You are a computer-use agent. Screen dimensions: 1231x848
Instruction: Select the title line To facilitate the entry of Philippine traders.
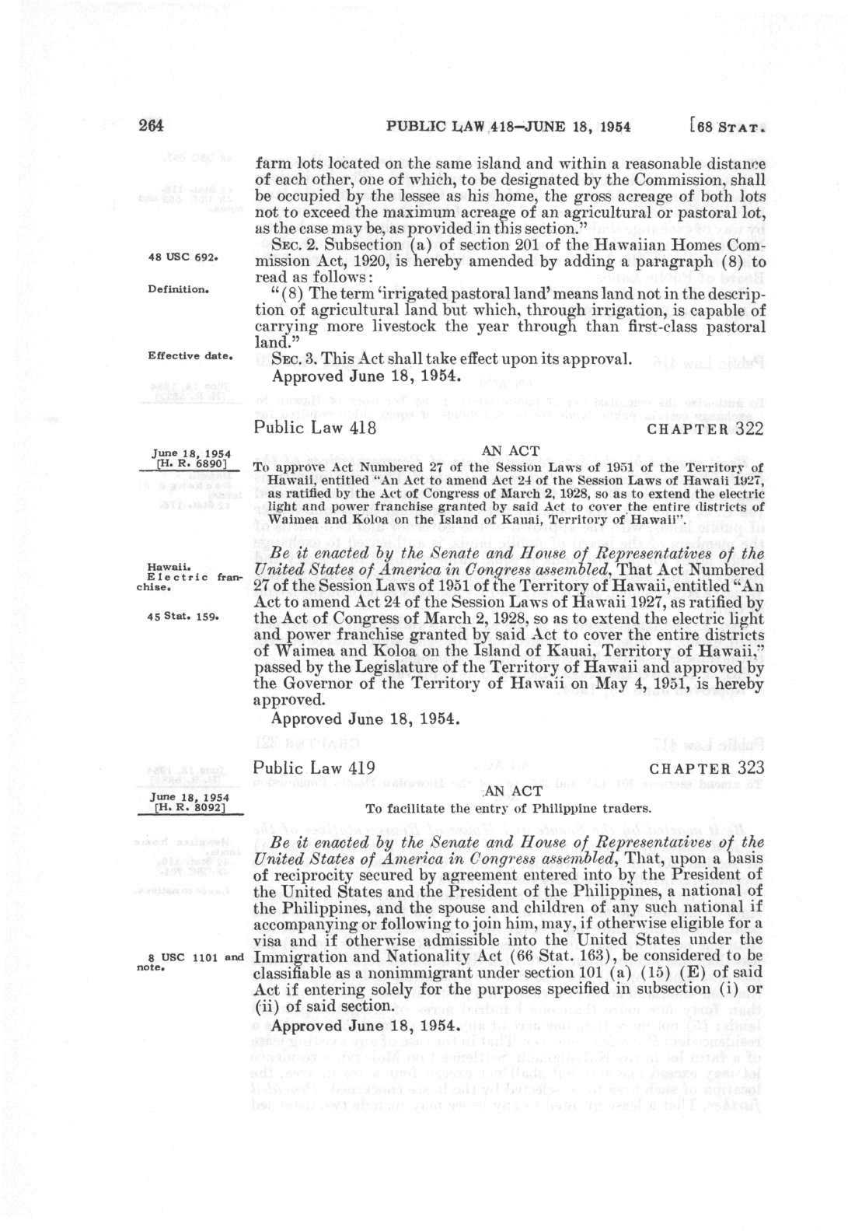[x=508, y=808]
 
